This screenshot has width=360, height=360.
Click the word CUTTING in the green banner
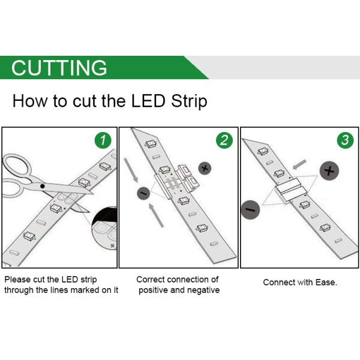(59, 67)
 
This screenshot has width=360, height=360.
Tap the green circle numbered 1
(103, 140)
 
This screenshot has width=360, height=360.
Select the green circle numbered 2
(224, 140)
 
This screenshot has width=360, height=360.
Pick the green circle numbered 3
(346, 140)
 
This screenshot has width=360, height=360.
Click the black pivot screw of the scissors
(43, 186)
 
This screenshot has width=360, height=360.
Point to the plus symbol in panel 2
(205, 169)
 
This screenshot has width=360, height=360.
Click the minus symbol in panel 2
(143, 193)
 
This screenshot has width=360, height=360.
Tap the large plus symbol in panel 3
(329, 171)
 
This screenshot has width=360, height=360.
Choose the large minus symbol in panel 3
(250, 210)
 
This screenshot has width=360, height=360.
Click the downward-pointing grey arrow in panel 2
(131, 170)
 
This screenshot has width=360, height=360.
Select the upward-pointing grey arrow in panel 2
(156, 215)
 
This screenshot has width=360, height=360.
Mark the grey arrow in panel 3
(299, 164)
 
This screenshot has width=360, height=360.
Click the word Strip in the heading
(189, 101)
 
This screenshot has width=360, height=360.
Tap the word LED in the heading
(148, 101)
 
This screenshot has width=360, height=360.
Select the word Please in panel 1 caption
(17, 280)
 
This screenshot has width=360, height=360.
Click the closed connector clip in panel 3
(291, 190)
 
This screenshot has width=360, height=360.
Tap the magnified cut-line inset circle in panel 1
(104, 229)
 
